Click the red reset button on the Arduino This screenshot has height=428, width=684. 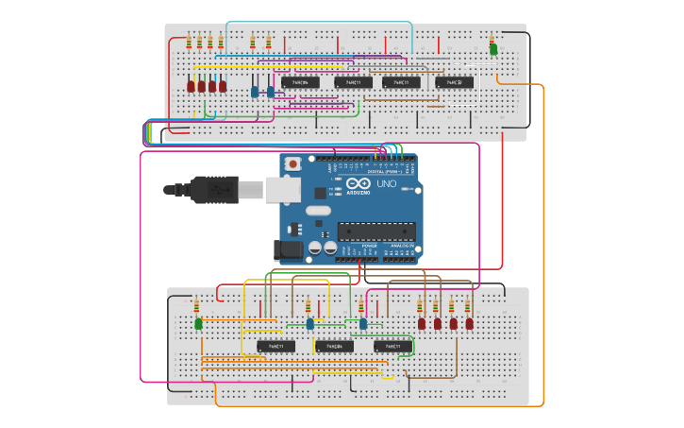click(292, 164)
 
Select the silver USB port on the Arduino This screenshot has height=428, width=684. click(282, 190)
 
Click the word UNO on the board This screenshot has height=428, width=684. click(387, 184)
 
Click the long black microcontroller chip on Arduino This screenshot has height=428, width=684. click(376, 231)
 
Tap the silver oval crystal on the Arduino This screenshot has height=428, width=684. click(318, 211)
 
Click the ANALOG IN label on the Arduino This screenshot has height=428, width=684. click(401, 246)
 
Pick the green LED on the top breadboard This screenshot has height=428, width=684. click(492, 49)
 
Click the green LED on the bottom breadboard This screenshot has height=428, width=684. click(198, 324)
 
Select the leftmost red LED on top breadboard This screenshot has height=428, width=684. click(191, 87)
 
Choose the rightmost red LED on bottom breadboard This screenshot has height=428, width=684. click(469, 324)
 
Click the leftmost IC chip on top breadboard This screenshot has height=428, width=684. click(300, 82)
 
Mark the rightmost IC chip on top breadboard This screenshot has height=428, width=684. click(454, 82)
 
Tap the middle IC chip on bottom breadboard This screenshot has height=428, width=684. click(334, 347)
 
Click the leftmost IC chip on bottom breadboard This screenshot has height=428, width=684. click(275, 347)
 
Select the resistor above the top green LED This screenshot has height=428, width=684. click(492, 39)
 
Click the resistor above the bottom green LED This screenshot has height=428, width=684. click(196, 306)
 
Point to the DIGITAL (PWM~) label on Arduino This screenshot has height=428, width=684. click(382, 171)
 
